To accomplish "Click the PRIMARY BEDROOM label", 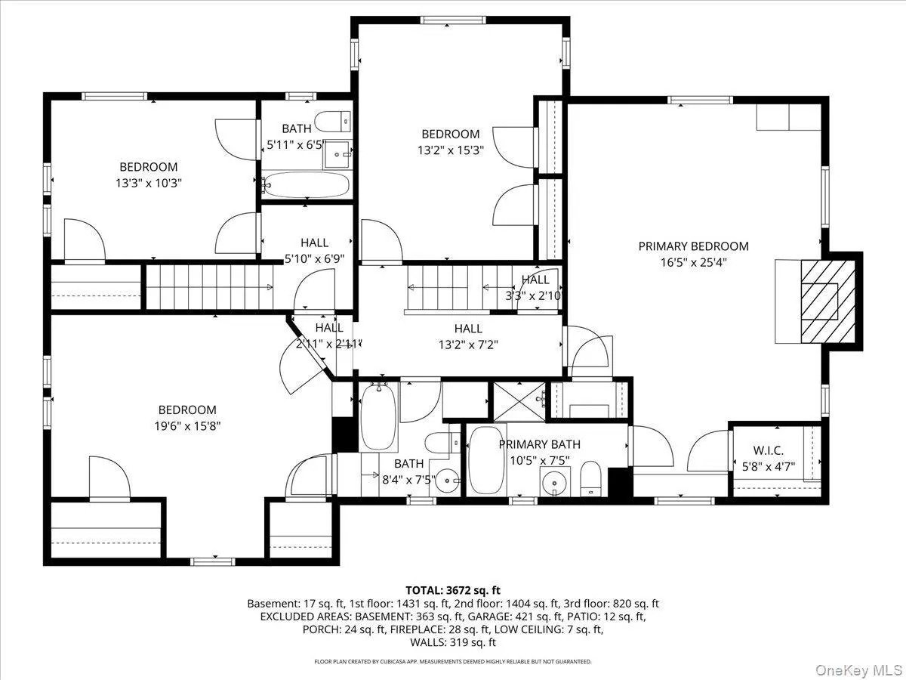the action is pyautogui.click(x=693, y=246).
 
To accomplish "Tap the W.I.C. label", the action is pyautogui.click(x=768, y=450).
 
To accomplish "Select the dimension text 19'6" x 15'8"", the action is pyautogui.click(x=187, y=425).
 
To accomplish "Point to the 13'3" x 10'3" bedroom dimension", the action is pyautogui.click(x=149, y=183).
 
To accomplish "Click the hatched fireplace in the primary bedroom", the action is pyautogui.click(x=828, y=301).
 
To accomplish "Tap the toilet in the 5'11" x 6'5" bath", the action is pyautogui.click(x=332, y=122).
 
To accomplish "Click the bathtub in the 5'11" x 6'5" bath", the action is pyautogui.click(x=306, y=184).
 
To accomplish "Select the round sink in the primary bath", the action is pyautogui.click(x=555, y=482).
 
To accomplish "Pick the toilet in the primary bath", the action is pyautogui.click(x=590, y=479).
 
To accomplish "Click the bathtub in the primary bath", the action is pyautogui.click(x=486, y=460).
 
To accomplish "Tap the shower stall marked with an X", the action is pyautogui.click(x=519, y=402).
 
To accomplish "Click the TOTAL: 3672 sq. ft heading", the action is pyautogui.click(x=453, y=590).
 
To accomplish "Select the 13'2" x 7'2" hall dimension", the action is pyautogui.click(x=468, y=345).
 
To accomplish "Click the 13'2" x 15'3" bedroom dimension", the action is pyautogui.click(x=450, y=150).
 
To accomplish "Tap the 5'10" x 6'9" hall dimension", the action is pyautogui.click(x=315, y=258).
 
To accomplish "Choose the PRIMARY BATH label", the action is pyautogui.click(x=540, y=445).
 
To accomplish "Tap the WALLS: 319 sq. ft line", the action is pyautogui.click(x=453, y=642).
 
